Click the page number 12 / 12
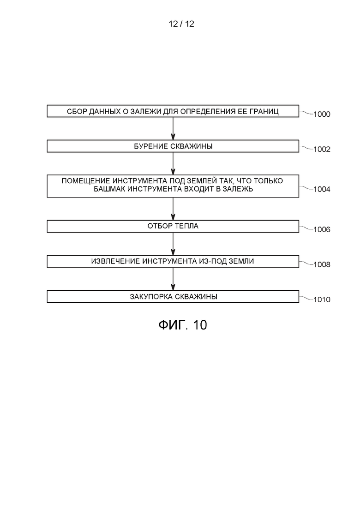(x=181, y=24)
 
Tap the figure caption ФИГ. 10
(x=182, y=324)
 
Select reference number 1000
(x=322, y=114)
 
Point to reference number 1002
(x=322, y=150)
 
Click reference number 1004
(x=322, y=190)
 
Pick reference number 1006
(x=322, y=229)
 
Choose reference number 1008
(x=322, y=264)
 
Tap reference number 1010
(x=322, y=299)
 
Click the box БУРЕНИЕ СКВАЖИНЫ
(x=173, y=146)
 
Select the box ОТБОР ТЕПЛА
(x=173, y=226)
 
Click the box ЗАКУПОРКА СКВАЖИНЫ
(x=173, y=296)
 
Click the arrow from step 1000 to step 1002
(x=173, y=129)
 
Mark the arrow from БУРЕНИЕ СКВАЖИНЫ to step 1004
(x=173, y=164)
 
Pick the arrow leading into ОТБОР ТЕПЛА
(x=173, y=209)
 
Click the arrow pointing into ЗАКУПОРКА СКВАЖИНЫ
(x=173, y=279)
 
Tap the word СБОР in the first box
(x=77, y=111)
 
